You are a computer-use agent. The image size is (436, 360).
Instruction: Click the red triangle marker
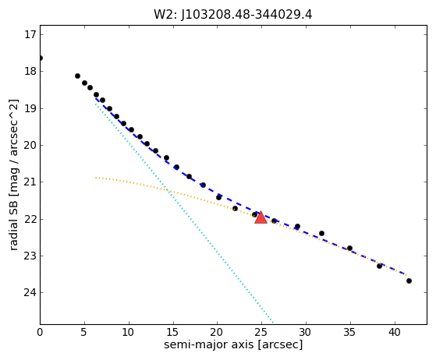pos(261,217)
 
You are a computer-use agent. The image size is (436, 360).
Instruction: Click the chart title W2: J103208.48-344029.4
pos(233,15)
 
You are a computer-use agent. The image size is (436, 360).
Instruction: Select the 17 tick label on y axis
pos(30,35)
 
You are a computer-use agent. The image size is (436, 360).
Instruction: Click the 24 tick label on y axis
pos(30,292)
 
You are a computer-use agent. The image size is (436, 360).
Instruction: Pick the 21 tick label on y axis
pos(30,182)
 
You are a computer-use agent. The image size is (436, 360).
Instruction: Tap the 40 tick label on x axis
pos(395,332)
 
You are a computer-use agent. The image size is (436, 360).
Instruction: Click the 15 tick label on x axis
pos(172,332)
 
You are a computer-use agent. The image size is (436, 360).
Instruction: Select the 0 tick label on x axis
pos(40,332)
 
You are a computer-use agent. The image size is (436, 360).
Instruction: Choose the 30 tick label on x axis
pos(306,332)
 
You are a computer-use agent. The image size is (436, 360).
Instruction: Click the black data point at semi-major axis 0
pos(41,58)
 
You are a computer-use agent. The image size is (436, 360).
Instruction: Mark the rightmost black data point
pos(409,281)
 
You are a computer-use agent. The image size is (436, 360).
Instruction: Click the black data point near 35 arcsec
pos(349,248)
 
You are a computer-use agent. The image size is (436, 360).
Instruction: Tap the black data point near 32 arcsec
pos(321,233)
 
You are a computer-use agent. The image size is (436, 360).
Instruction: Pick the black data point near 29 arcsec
pos(297,227)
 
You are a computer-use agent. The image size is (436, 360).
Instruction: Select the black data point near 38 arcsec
pos(379,266)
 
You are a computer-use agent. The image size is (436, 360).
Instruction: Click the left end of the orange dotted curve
pos(96,177)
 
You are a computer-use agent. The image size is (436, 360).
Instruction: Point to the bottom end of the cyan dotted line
pos(273,323)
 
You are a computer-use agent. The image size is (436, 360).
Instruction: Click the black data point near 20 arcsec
pos(218,197)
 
